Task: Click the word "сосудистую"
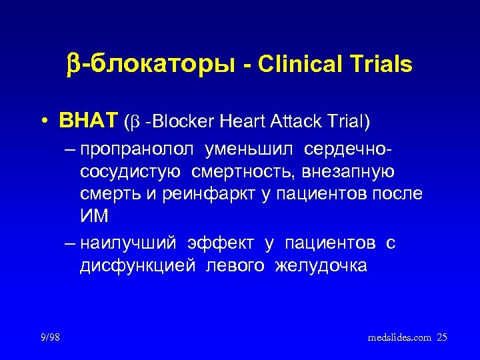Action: (129, 173)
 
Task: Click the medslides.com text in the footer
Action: (399, 338)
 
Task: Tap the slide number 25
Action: (442, 338)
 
